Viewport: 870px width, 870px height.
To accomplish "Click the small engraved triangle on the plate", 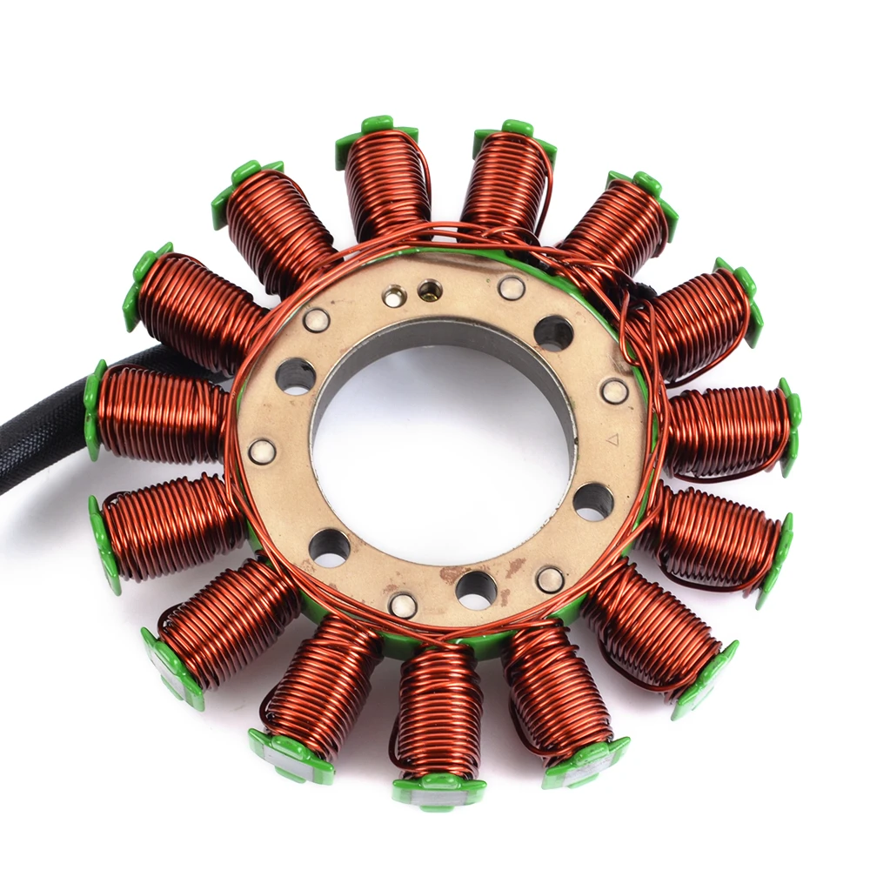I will tap(612, 440).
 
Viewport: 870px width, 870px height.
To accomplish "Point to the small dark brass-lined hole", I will tap(429, 290).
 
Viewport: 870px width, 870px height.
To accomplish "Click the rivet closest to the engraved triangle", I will tap(614, 391).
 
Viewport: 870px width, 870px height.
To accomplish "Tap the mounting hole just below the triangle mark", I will tap(593, 501).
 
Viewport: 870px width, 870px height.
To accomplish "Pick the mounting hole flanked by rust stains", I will tap(476, 590).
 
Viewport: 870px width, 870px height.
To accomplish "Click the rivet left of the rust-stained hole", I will tap(403, 604).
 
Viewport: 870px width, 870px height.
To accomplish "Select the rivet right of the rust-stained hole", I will tap(550, 579).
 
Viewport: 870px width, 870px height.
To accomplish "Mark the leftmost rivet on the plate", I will tap(262, 451).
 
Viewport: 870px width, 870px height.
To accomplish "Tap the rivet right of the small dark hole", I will tap(512, 287).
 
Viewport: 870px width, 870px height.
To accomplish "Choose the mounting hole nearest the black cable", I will tap(296, 376).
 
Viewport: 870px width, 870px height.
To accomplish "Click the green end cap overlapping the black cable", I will tap(94, 409).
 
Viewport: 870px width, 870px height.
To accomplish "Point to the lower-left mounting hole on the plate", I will tap(330, 547).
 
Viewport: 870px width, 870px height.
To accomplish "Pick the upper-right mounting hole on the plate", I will tap(553, 333).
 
